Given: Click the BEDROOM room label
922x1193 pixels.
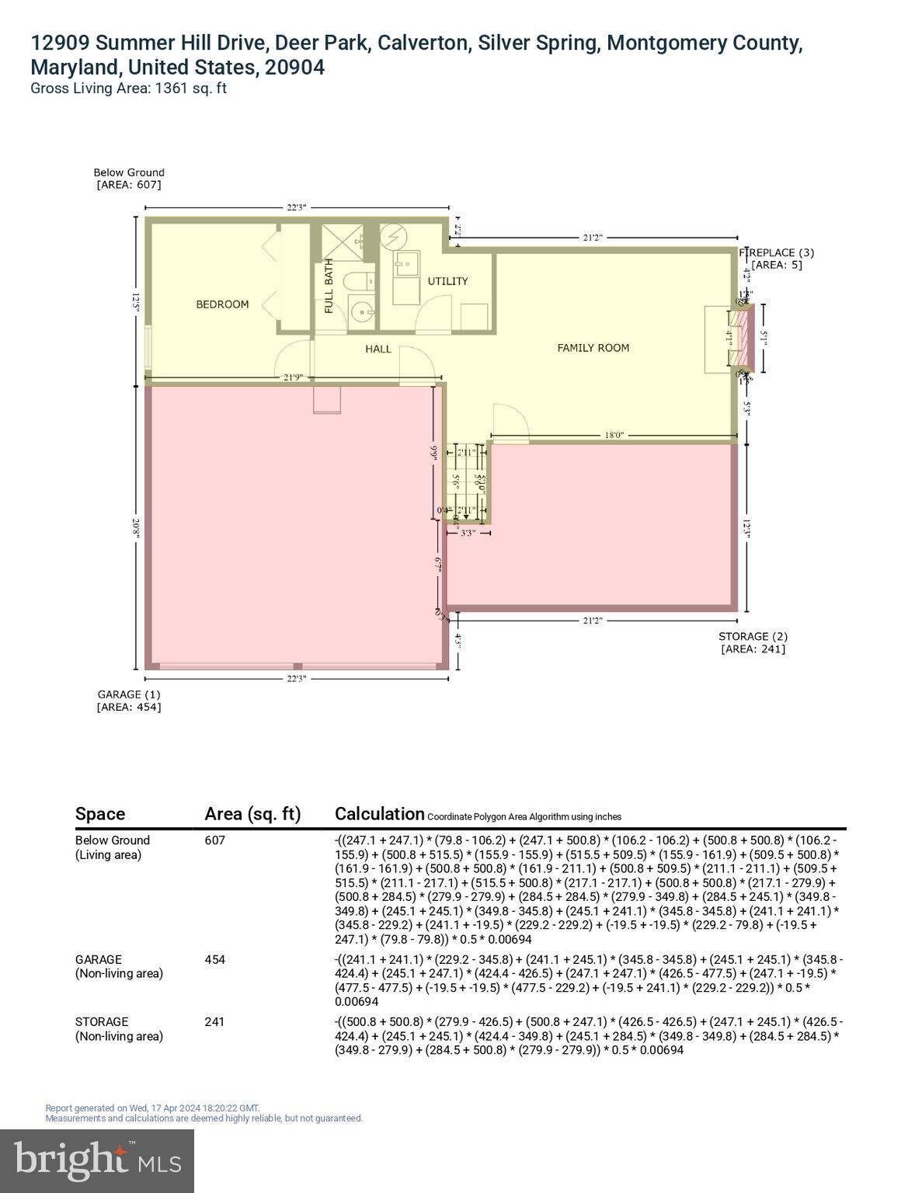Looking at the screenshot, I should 222,304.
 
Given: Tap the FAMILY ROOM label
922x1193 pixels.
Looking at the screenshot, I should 593,348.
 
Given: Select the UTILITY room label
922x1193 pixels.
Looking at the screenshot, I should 447,281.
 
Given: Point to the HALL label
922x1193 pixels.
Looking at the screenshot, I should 378,350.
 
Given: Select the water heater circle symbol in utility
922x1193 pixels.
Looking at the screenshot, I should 393,236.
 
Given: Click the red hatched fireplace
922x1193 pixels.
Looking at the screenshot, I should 746,336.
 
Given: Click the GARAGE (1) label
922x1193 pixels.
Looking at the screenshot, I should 129,694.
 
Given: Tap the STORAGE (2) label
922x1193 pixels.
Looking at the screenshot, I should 753,637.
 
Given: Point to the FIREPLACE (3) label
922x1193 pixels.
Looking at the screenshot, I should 776,252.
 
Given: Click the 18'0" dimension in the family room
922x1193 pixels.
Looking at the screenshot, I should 614,436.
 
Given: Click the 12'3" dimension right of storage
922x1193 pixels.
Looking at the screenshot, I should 746,528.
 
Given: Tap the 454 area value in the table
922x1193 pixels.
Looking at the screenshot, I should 215,959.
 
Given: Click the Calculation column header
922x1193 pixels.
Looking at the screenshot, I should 379,814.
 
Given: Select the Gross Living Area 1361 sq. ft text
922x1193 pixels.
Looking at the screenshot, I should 128,88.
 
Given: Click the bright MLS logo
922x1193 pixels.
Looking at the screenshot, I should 97,1160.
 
